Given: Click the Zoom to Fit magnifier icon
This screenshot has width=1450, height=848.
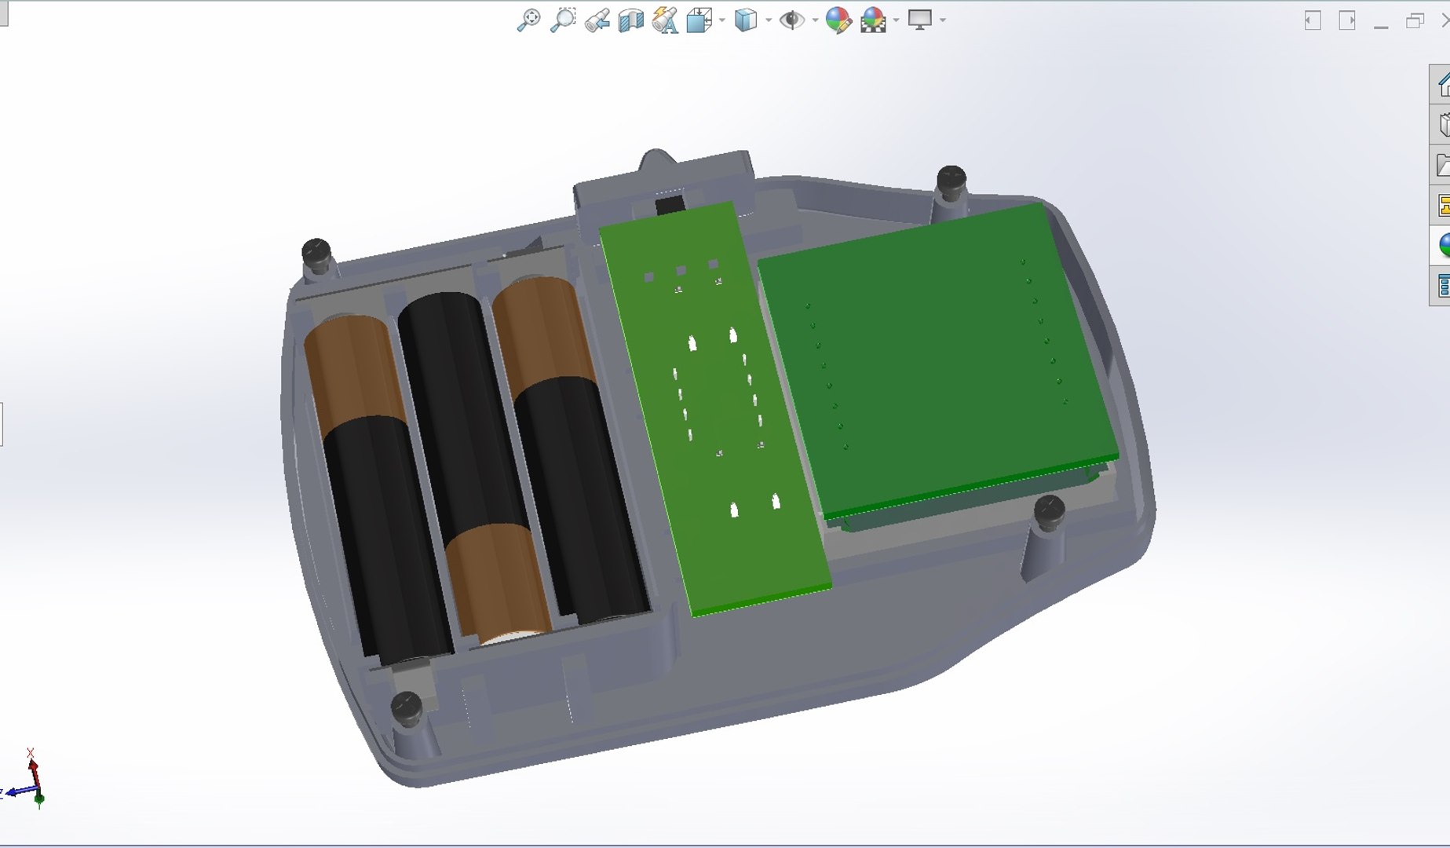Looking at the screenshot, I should [x=528, y=20].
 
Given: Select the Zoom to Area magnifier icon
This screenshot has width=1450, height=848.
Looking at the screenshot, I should [x=562, y=20].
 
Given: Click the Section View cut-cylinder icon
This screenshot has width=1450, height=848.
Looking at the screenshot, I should [x=630, y=20].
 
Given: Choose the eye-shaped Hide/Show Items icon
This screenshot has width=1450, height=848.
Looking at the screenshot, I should [x=791, y=20].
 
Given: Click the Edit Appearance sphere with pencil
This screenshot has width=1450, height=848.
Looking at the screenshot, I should [x=838, y=20].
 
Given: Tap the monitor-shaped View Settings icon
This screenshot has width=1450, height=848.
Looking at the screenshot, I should [x=919, y=20].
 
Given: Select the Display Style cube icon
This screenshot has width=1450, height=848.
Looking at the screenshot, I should [x=745, y=20].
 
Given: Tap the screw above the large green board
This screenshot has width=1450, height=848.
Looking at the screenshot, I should [x=951, y=178].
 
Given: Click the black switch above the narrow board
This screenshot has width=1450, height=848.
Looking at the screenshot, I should [x=669, y=206].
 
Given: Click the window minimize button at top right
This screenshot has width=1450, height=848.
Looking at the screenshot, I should [x=1381, y=22].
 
